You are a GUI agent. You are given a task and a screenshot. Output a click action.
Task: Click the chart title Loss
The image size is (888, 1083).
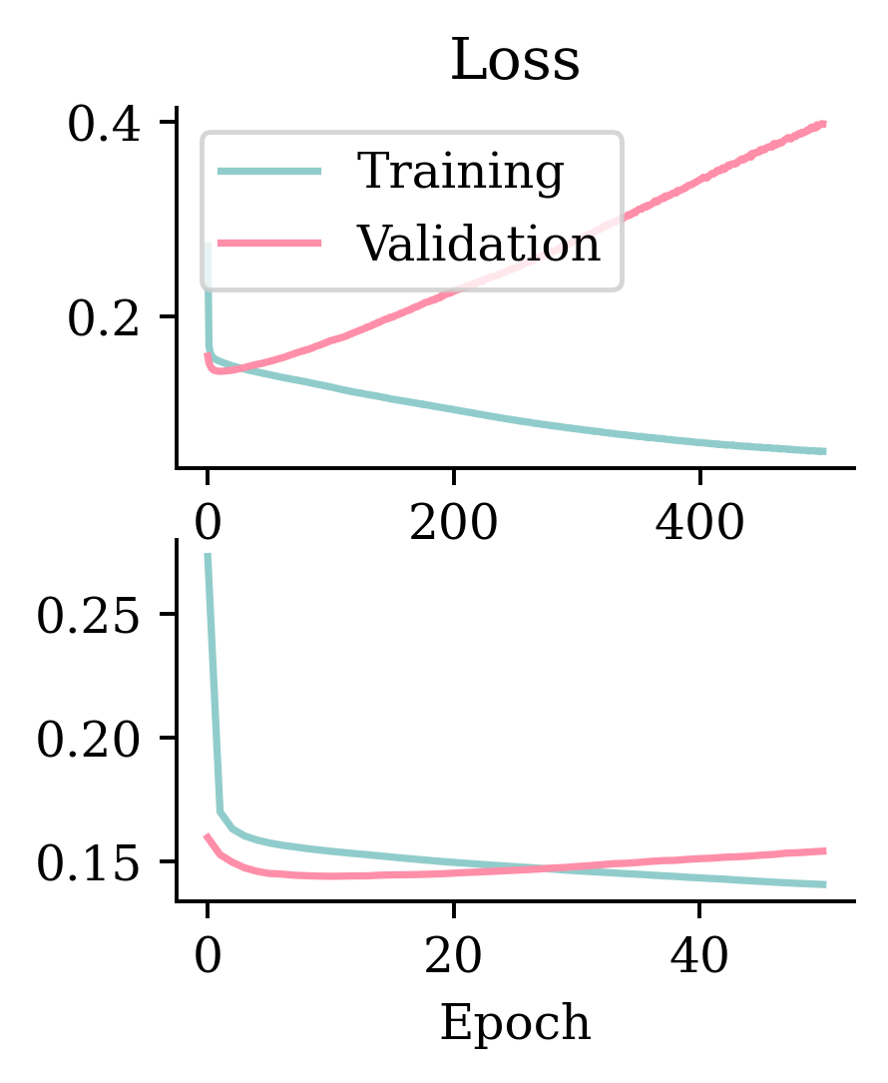(x=515, y=62)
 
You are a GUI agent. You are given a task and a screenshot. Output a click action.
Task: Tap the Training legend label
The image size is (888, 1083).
(x=460, y=172)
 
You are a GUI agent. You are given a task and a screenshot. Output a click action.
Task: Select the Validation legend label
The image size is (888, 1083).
(x=479, y=243)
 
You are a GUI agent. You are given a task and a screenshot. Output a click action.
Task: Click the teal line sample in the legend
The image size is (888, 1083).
(x=269, y=172)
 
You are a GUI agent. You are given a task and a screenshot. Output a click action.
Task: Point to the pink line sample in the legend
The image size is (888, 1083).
(x=269, y=243)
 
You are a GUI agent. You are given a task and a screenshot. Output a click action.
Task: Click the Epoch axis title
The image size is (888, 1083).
(x=515, y=1022)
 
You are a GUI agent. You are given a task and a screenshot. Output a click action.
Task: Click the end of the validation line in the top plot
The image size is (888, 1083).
(x=824, y=123)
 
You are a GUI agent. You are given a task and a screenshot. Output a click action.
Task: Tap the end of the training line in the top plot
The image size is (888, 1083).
(x=824, y=452)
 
